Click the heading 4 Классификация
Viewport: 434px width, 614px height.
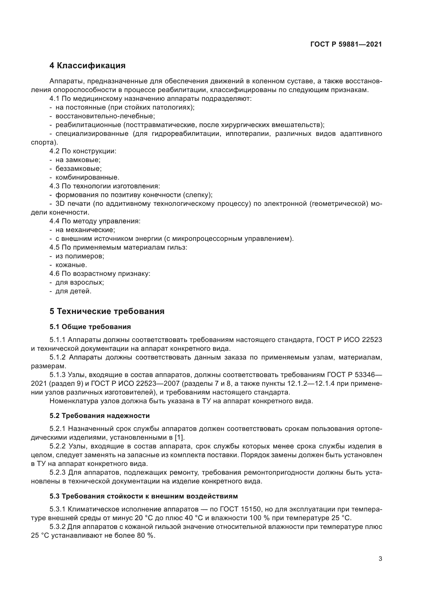coord(87,65)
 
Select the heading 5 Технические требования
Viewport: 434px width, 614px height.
coord(107,311)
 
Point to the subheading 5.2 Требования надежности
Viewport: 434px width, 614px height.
coord(99,416)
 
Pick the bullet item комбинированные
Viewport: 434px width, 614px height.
coord(87,177)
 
